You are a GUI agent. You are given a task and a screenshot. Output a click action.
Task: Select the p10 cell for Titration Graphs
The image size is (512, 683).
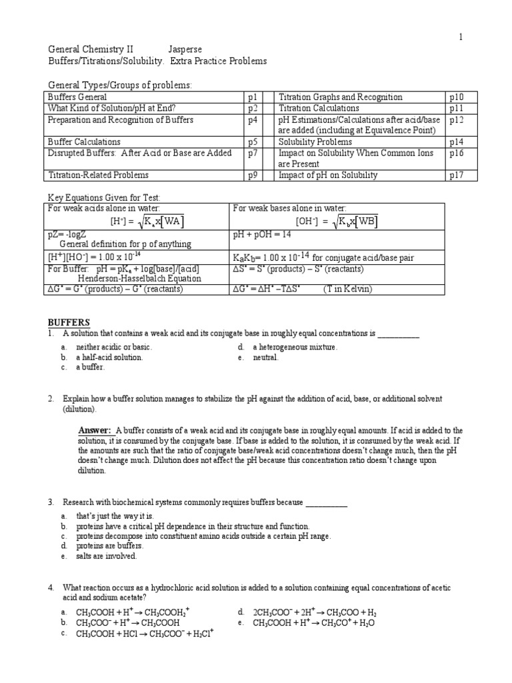[456, 97]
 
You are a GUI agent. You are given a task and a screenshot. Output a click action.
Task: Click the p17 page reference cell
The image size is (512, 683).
[456, 175]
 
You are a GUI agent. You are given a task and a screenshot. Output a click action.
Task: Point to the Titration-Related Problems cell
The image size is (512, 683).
[98, 175]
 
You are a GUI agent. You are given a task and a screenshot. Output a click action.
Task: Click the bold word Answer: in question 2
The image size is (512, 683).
[96, 430]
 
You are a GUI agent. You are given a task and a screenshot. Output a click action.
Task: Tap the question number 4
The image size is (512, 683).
[50, 588]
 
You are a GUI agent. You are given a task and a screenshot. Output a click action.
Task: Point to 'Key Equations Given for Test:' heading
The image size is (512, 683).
[103, 198]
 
